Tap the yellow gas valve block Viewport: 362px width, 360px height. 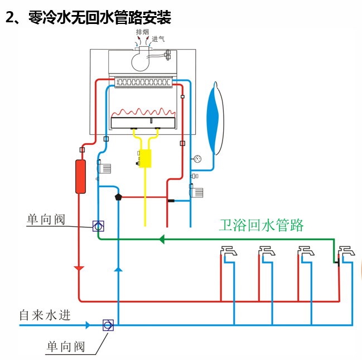145,158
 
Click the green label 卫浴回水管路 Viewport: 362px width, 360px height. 261,225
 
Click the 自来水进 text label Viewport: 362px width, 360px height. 45,315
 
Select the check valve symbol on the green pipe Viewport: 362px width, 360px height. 98,226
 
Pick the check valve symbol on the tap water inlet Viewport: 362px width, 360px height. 108,325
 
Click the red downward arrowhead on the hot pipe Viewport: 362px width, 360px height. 79,269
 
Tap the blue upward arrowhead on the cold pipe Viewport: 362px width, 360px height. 118,269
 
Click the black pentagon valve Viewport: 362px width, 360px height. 118,197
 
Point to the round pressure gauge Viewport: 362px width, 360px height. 197,159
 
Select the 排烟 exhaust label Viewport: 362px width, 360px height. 143,32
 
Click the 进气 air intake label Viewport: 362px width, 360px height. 158,40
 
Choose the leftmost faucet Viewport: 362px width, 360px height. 228,252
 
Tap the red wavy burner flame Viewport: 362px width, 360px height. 144,111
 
